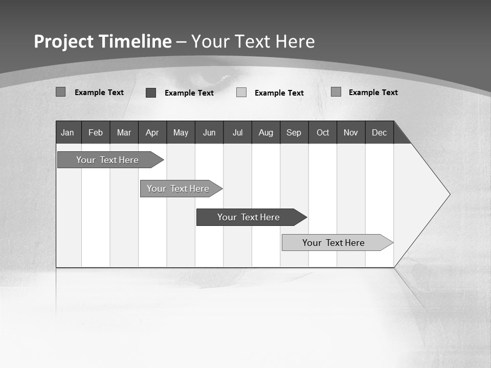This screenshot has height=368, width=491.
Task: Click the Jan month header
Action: (68, 132)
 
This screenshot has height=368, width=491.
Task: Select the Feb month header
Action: (96, 132)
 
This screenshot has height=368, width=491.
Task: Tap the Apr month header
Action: (152, 132)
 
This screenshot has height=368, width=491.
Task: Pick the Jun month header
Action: (209, 132)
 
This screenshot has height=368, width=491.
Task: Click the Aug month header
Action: (266, 132)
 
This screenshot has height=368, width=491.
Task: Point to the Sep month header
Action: (294, 132)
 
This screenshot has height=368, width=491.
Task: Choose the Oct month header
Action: (323, 132)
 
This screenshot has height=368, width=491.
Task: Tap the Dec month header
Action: (380, 132)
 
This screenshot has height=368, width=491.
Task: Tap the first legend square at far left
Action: (61, 92)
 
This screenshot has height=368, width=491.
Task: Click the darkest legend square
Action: (151, 93)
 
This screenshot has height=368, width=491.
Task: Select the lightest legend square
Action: (241, 93)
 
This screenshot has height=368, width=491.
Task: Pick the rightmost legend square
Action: (336, 92)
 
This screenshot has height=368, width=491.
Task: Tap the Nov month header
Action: (351, 132)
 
